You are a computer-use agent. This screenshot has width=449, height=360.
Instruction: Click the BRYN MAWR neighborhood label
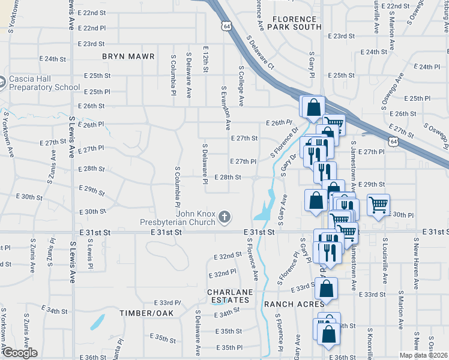pos(128,56)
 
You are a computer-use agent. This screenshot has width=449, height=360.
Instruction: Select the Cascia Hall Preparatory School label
pos(44,83)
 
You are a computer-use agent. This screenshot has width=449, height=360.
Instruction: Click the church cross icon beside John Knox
pos(224,217)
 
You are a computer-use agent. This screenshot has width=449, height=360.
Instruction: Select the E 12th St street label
pos(205,59)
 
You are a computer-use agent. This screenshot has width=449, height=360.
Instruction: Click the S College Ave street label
pos(241,86)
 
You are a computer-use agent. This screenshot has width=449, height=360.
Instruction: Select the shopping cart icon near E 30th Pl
pos(378,205)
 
